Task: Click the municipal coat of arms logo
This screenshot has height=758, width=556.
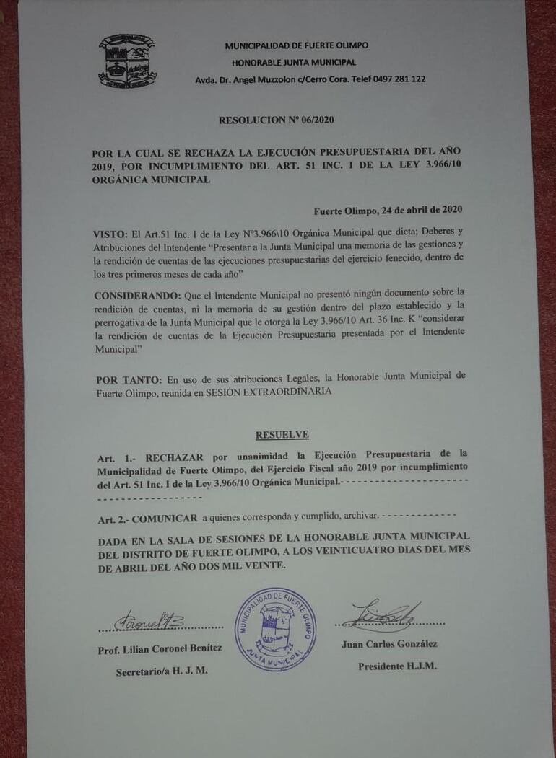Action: (127, 61)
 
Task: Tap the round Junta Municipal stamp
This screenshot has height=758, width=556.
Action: (275, 629)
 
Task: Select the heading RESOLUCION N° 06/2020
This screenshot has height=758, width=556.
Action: (277, 120)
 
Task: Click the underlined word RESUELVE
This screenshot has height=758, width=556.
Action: (282, 434)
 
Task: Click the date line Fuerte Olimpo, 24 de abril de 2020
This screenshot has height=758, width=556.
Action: (388, 211)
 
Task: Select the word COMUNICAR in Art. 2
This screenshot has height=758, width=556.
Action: (165, 517)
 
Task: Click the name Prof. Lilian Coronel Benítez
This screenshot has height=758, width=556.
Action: (160, 649)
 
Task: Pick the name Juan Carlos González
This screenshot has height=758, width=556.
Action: (389, 644)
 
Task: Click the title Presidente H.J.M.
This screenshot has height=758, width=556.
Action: (397, 666)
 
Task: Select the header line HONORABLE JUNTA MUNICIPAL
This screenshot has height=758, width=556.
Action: (296, 62)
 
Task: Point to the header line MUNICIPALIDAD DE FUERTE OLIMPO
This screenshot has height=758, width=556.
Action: (296, 45)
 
